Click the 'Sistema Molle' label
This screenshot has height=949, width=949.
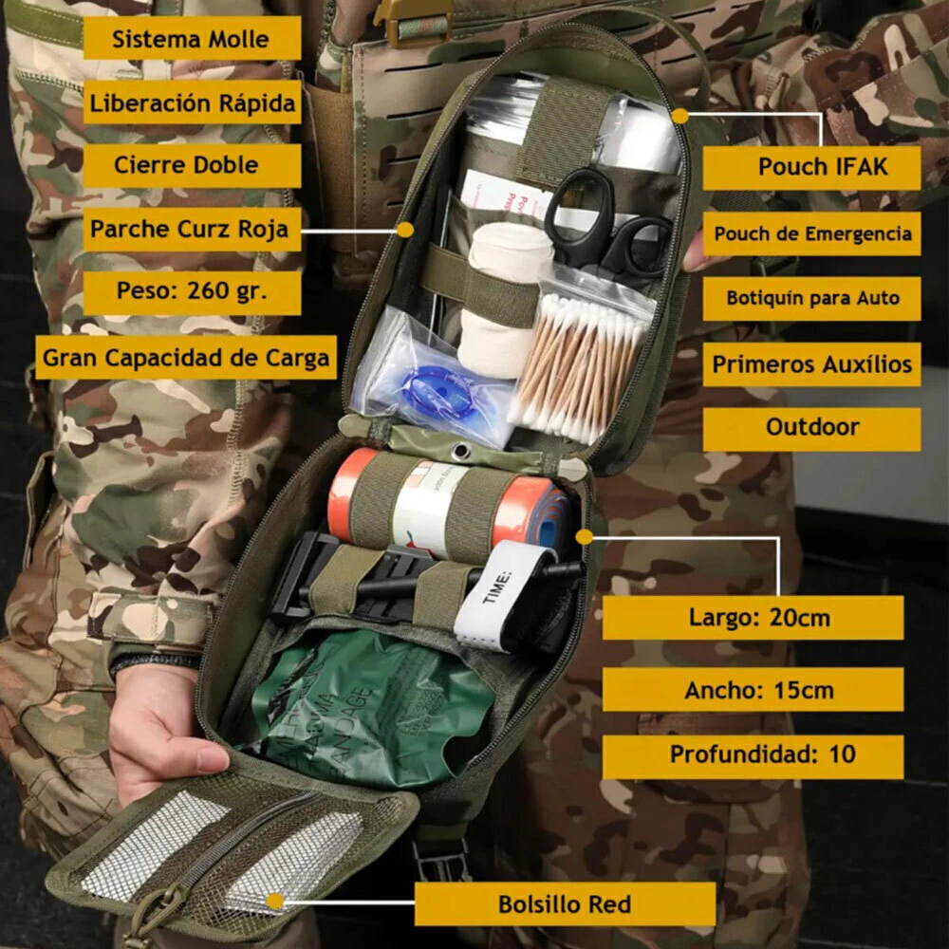192,38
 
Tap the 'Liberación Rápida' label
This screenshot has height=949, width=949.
192,102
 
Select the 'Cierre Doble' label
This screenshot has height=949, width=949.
192,165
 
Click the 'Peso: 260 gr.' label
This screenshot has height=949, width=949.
192,292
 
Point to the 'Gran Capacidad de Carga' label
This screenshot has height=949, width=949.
186,357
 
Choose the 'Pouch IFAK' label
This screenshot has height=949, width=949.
811,167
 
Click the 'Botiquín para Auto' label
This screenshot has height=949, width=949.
811,298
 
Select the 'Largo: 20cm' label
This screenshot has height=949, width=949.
753,618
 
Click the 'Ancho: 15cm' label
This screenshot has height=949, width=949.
753,689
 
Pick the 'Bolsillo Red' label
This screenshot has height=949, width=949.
565,903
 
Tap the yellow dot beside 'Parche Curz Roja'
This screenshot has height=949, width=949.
405,230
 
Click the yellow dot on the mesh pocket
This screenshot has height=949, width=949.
275,902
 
